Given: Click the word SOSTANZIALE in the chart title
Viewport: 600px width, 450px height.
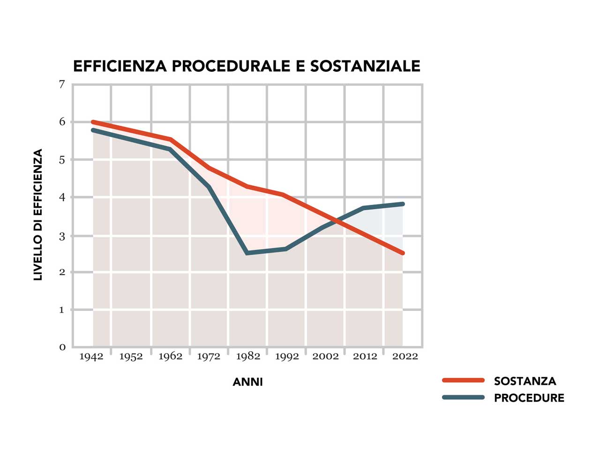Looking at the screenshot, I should [x=365, y=66].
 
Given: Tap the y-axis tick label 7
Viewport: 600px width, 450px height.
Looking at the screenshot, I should [x=62, y=84].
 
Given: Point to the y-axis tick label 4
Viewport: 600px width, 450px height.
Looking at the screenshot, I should [x=62, y=197].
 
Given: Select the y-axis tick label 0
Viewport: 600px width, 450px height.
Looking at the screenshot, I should [x=62, y=347].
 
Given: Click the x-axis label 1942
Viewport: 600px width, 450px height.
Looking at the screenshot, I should [x=91, y=357].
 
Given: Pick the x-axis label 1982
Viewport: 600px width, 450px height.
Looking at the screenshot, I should [x=248, y=357].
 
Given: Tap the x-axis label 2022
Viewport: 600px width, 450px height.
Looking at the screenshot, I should [x=405, y=357].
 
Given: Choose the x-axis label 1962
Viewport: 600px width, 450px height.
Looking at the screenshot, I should [x=170, y=357].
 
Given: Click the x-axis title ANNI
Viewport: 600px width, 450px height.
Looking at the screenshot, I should [x=247, y=382].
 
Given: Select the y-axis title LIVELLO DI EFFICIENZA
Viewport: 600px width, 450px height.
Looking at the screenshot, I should [x=38, y=215].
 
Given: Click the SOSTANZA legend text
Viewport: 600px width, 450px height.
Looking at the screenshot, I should [x=525, y=381].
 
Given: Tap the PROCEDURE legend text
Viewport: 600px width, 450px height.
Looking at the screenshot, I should [x=529, y=398].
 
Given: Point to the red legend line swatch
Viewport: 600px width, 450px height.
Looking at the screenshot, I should [x=463, y=381].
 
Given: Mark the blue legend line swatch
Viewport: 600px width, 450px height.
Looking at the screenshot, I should [x=463, y=397].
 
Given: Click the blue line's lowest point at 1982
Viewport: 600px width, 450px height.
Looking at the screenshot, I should [x=247, y=253].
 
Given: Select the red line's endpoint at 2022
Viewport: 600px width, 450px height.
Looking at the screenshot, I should [x=402, y=253].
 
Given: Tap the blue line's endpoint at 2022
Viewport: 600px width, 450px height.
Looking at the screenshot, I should [x=402, y=204].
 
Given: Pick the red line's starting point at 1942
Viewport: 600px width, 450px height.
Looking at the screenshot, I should [x=93, y=122].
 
